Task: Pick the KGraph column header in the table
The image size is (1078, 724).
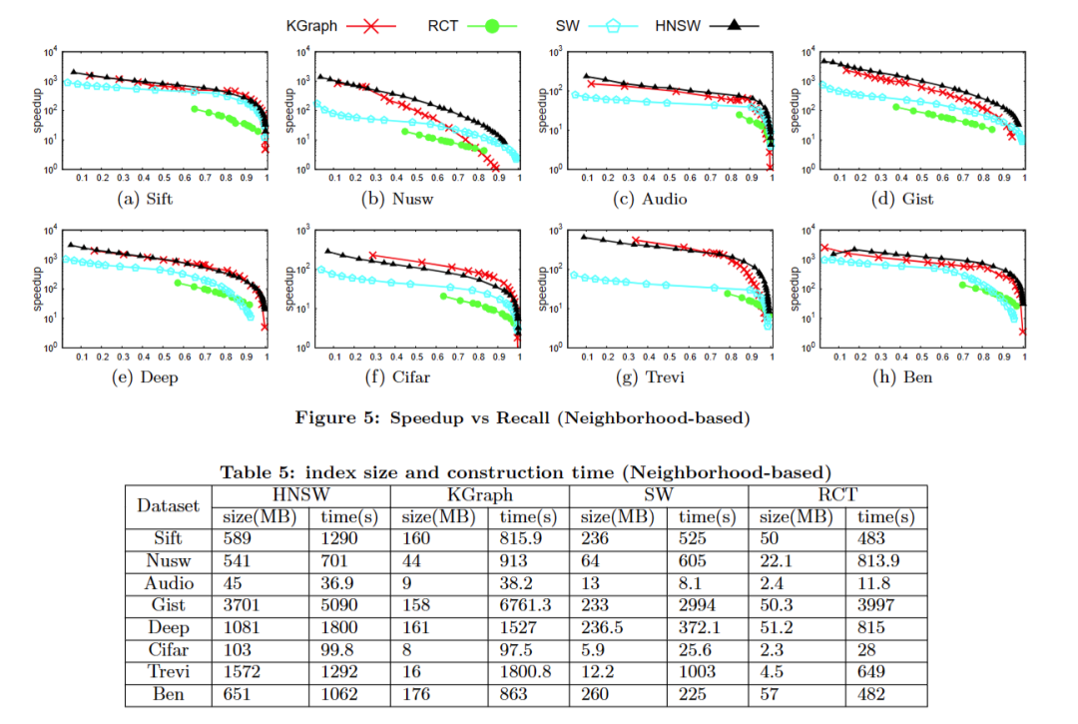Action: click(x=478, y=494)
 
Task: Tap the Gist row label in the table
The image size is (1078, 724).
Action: click(x=169, y=605)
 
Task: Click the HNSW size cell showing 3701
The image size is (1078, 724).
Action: click(x=238, y=605)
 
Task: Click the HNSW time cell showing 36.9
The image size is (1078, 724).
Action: click(x=334, y=583)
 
